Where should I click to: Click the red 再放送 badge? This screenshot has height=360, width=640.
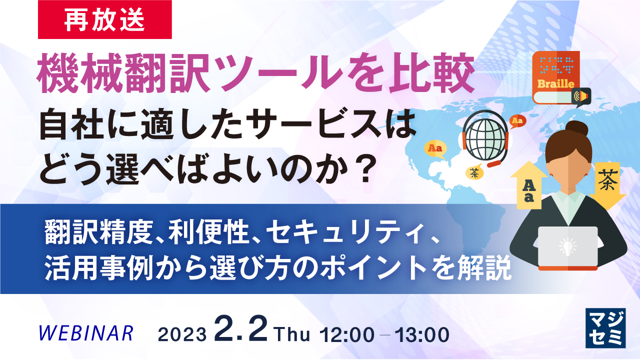pyautogui.click(x=105, y=19)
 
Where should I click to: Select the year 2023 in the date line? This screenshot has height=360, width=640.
pyautogui.click(x=182, y=334)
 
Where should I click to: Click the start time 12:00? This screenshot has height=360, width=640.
pyautogui.click(x=349, y=333)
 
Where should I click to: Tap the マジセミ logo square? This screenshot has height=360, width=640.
pyautogui.click(x=605, y=327)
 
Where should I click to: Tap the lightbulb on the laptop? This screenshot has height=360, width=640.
pyautogui.click(x=567, y=245)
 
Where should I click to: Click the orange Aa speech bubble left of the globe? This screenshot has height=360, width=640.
pyautogui.click(x=434, y=149)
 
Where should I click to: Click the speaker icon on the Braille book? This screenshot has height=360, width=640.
pyautogui.click(x=581, y=95)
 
